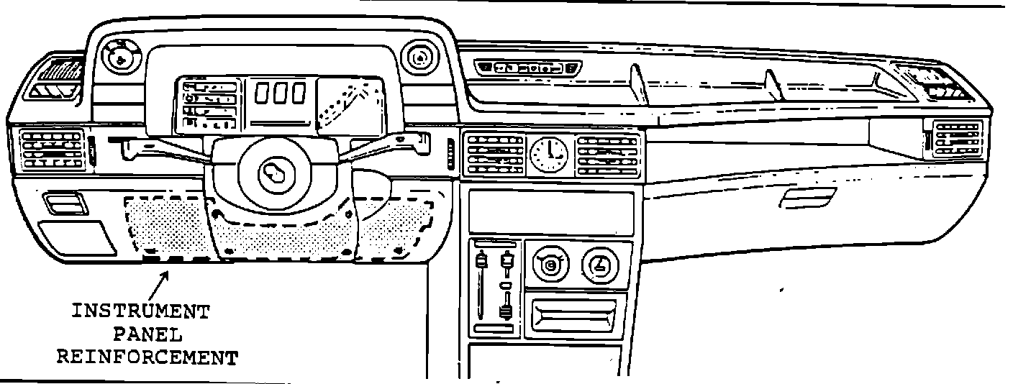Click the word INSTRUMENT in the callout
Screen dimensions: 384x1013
tap(140, 312)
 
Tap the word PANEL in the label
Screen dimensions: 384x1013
tap(147, 334)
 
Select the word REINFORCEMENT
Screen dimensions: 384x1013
tap(147, 357)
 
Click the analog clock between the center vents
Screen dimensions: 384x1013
tap(548, 153)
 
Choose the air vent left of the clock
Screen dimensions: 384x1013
tap(494, 152)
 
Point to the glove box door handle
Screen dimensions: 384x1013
tap(807, 198)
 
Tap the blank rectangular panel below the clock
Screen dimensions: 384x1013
tap(550, 211)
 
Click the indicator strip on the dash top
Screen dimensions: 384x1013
tap(530, 68)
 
